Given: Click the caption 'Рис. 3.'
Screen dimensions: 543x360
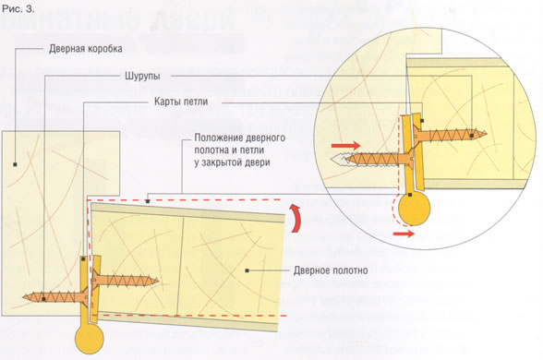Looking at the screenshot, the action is pos(18,9).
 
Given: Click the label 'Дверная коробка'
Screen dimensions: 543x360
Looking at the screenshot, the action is pos(86,49).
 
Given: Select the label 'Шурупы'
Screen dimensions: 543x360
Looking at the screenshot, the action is pos(142,76).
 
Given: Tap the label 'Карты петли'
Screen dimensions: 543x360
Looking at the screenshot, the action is pos(181,102).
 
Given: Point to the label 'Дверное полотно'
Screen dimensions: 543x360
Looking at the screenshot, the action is pos(331,270).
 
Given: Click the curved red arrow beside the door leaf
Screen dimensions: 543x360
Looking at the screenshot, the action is pos(296,218).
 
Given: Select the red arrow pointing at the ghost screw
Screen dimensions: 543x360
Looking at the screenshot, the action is pos(345,146).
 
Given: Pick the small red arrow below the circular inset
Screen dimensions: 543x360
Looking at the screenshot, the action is pos(404,234).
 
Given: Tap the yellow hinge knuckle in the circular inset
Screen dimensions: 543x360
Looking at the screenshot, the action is pos(414,209).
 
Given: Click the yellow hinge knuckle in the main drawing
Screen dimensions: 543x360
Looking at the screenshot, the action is pos(90,338).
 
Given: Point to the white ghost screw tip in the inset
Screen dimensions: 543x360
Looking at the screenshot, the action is pos(339,160).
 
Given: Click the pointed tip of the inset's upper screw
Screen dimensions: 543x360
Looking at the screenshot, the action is pos(486,133).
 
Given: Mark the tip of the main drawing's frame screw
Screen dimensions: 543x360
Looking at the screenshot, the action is pos(24,297).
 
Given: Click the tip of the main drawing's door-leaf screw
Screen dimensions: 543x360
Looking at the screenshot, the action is pos(158,280).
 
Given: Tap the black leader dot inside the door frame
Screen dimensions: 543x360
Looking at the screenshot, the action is pos(15,164).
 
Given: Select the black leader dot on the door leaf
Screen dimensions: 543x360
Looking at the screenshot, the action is pos(247,270).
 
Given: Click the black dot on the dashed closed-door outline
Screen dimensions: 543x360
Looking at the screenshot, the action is pos(148,201).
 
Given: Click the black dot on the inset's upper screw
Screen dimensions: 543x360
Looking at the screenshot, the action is pos(472,136).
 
